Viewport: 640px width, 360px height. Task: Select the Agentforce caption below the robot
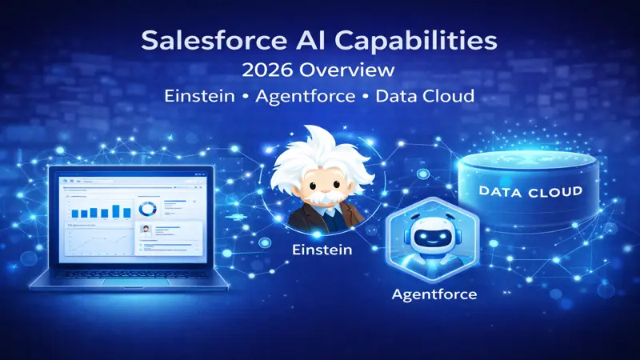[x=434, y=294]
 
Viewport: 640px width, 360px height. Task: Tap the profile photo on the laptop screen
[x=146, y=230]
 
